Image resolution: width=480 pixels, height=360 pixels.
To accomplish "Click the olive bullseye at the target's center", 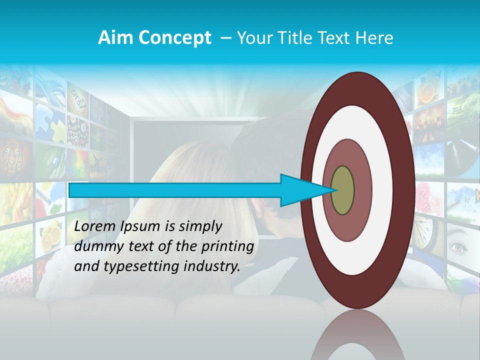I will coord(342,190).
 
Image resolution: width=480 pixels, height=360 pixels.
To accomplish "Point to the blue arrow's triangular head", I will coord(300,190).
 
